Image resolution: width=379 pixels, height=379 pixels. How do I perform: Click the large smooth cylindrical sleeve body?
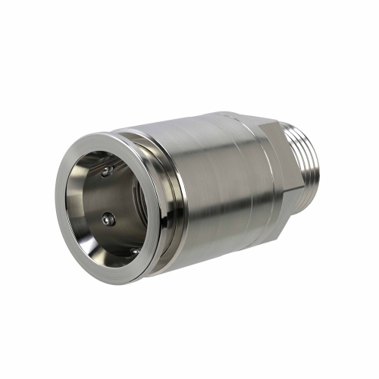pyautogui.click(x=220, y=189)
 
